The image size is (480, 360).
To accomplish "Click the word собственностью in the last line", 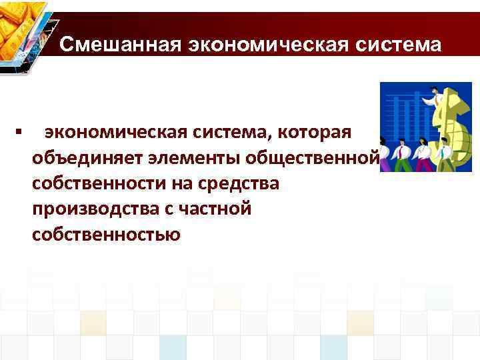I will tap(105, 235).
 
